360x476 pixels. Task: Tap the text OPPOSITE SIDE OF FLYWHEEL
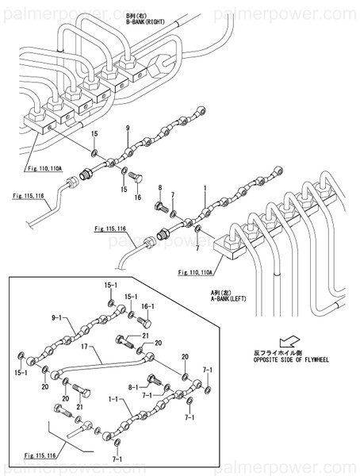(291, 359)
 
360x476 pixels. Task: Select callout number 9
(126, 129)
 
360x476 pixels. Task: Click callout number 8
(159, 187)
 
